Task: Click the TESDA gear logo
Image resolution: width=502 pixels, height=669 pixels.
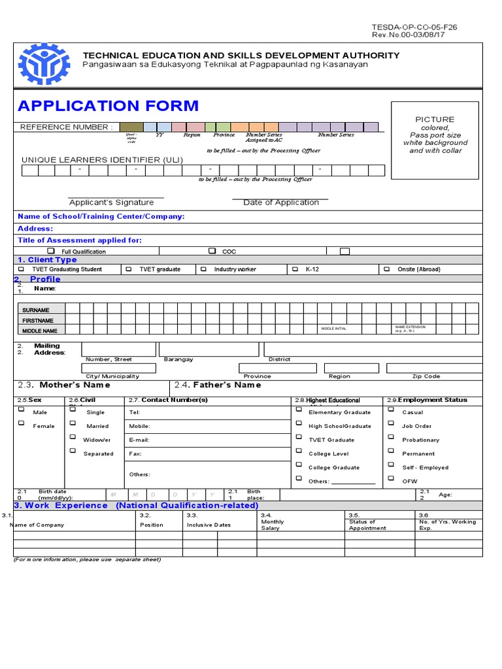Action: (x=42, y=64)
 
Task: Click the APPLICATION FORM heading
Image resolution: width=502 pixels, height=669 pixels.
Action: (x=109, y=106)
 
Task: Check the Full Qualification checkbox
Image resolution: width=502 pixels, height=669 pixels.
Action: (x=51, y=251)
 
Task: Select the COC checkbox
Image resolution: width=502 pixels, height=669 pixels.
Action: (x=212, y=251)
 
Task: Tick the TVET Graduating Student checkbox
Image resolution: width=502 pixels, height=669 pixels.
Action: (x=22, y=269)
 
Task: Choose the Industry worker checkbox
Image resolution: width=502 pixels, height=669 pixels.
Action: (x=203, y=269)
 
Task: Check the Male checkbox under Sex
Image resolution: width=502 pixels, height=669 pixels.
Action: (x=22, y=410)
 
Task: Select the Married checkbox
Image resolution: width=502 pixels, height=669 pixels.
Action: (x=72, y=423)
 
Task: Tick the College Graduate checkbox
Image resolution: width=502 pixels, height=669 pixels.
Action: (x=299, y=465)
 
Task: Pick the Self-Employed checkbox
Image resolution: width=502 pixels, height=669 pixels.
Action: (x=391, y=465)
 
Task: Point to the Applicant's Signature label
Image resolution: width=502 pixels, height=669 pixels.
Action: (x=112, y=203)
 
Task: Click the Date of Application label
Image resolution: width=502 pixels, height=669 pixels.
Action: (x=281, y=203)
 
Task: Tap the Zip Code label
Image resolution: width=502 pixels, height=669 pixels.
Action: (x=426, y=376)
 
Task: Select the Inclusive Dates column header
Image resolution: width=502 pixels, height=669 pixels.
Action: (x=209, y=525)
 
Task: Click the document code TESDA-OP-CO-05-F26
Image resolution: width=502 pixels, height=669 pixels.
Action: (x=414, y=27)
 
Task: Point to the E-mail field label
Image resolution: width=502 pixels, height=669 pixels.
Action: (x=139, y=440)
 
